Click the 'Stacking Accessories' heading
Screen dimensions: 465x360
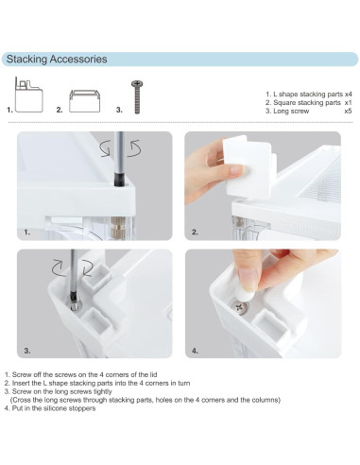pyautogui.click(x=57, y=60)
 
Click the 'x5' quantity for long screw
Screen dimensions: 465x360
pyautogui.click(x=347, y=111)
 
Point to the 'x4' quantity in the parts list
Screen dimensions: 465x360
pyautogui.click(x=347, y=95)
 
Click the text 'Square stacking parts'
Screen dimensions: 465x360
pyautogui.click(x=304, y=103)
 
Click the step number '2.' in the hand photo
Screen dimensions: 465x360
pyautogui.click(x=195, y=231)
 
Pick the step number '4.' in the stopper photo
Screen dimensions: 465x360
pyautogui.click(x=195, y=350)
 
